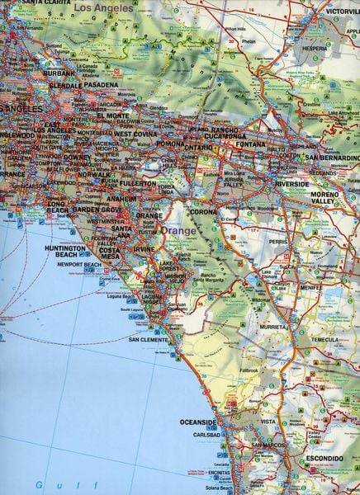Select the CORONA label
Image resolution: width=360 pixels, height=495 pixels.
203,211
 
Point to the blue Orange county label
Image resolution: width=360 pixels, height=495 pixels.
179,231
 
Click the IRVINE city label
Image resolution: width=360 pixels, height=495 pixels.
144,248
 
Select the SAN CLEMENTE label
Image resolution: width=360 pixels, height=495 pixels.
149,339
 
